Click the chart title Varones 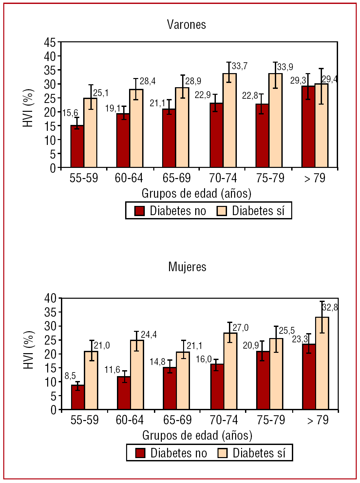(x=186, y=25)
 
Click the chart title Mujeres (x=187, y=267)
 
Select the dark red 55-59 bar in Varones (x=77, y=146)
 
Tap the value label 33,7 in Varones (x=239, y=66)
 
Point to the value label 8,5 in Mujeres (x=70, y=376)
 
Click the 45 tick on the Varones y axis (x=50, y=42)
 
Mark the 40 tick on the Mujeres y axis (x=50, y=298)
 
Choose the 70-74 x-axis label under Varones (x=223, y=178)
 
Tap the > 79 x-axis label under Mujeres (x=318, y=420)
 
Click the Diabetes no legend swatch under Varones (x=140, y=211)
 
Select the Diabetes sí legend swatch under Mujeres (x=222, y=453)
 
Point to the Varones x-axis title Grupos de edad (x=196, y=193)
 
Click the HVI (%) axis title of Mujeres (x=29, y=350)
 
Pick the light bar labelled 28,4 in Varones (x=136, y=128)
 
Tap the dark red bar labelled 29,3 (x=308, y=127)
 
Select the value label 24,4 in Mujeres (x=149, y=334)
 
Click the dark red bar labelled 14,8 (x=170, y=388)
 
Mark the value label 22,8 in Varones (x=250, y=96)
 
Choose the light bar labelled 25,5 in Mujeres (x=276, y=374)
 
